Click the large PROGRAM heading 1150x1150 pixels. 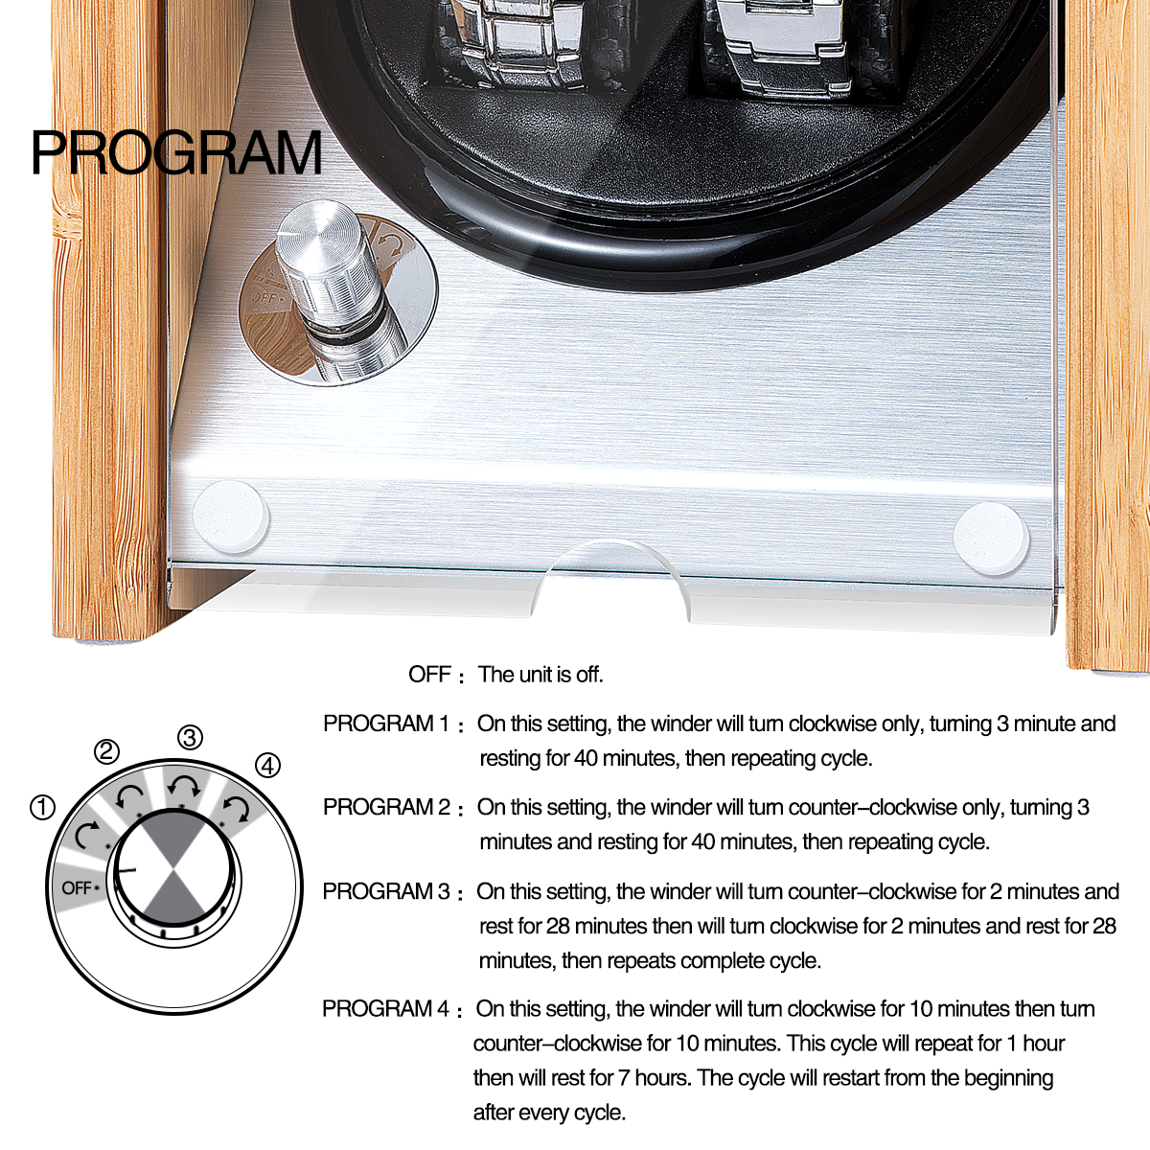tap(176, 152)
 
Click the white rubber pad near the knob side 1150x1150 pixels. tap(230, 517)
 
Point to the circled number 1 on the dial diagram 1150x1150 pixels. tap(42, 808)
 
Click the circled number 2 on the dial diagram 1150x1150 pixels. tap(106, 751)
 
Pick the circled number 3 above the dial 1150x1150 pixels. tap(190, 738)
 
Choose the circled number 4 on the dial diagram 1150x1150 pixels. tap(267, 766)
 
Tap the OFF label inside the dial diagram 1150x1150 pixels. tap(77, 888)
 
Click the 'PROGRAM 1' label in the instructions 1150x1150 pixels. tap(385, 724)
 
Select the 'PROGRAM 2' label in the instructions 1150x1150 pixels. tap(386, 808)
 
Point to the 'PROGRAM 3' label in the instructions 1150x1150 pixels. tap(385, 891)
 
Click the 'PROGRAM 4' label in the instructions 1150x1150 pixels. tap(385, 1009)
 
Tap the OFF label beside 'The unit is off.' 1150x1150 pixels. tap(429, 675)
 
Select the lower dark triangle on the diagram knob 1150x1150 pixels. tap(173, 896)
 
